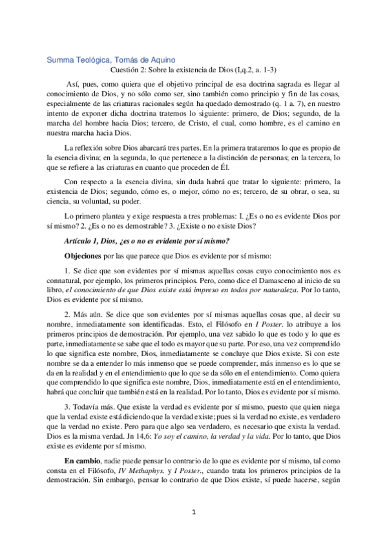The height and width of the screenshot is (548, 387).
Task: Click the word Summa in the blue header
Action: [x=60, y=61]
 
